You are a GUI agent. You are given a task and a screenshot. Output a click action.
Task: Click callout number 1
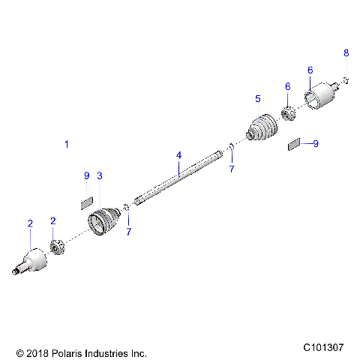click(x=67, y=143)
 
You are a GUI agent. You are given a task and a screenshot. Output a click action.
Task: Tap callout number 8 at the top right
click(x=346, y=52)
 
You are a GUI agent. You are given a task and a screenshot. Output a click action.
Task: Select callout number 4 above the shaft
click(x=178, y=155)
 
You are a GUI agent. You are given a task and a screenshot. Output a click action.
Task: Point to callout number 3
click(x=100, y=175)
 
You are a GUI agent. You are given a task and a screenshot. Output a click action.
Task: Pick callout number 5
click(x=257, y=99)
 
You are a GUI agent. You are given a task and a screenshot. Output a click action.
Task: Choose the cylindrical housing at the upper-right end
click(x=320, y=96)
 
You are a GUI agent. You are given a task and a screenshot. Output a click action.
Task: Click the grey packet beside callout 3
click(x=86, y=201)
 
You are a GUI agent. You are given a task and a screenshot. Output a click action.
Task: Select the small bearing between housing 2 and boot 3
click(x=55, y=246)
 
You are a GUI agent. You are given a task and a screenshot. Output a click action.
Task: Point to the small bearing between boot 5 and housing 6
click(x=286, y=115)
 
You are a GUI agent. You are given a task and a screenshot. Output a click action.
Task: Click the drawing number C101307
click(x=323, y=347)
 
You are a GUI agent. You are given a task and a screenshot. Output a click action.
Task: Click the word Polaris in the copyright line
click(x=67, y=352)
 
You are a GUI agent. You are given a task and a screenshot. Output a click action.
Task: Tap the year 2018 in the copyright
click(x=38, y=352)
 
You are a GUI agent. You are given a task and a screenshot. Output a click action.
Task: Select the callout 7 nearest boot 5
click(x=232, y=170)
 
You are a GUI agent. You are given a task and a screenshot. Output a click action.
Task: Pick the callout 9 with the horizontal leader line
click(x=316, y=143)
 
